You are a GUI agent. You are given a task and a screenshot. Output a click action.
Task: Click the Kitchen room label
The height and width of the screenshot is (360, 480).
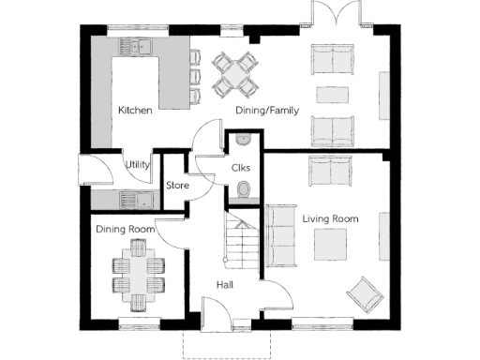coord(135,111)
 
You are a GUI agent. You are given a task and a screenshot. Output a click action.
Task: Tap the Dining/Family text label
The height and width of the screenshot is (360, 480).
coord(266,111)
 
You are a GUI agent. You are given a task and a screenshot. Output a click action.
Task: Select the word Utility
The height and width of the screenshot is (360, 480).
coord(138,165)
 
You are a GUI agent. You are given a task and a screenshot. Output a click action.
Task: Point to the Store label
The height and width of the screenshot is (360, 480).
coord(177,186)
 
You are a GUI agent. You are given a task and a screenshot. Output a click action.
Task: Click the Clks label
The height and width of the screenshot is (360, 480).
coord(240,168)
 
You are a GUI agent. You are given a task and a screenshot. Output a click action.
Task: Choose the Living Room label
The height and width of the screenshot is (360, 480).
coord(330,218)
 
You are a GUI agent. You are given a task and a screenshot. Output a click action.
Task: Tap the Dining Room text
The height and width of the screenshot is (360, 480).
coord(124,229)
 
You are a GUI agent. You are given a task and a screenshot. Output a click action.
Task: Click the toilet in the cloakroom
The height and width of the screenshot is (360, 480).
coord(244,191)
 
